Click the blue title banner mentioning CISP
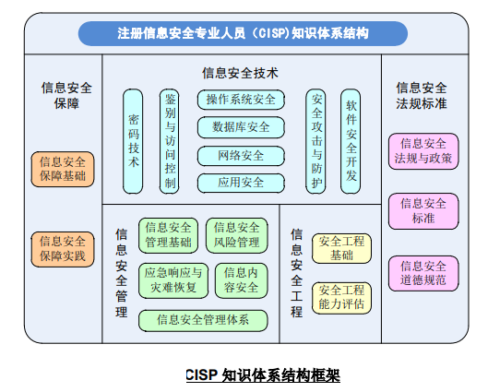(243, 33)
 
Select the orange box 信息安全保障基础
(63, 169)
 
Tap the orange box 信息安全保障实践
(63, 249)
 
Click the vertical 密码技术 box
(133, 141)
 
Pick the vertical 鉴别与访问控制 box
(170, 141)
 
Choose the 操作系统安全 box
(241, 100)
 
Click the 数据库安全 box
(241, 127)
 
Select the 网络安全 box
(241, 156)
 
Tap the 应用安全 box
(241, 183)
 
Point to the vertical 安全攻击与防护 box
(315, 141)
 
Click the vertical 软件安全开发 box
(351, 141)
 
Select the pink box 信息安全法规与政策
(423, 151)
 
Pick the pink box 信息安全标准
(423, 211)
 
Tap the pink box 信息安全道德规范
(423, 273)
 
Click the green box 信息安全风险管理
(236, 235)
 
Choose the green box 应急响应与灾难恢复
(173, 280)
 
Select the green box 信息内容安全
(241, 280)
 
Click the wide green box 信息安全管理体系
(203, 320)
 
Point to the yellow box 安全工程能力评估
(341, 298)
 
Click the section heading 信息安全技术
(240, 74)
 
